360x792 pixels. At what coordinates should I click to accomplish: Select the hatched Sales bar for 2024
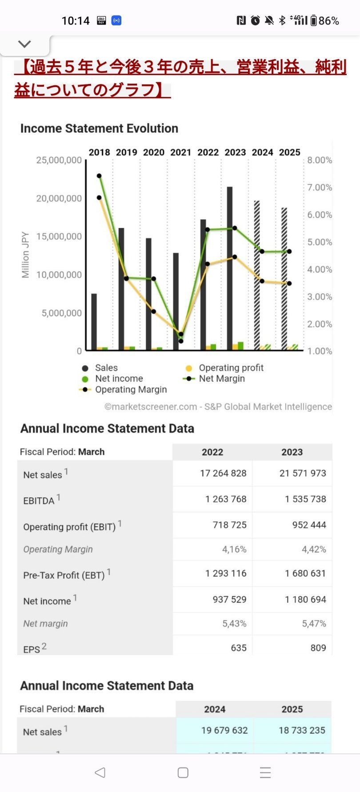pos(257,276)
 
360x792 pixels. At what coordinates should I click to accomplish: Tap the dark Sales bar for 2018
pos(94,322)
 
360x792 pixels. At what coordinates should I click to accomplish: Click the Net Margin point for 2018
pos(99,176)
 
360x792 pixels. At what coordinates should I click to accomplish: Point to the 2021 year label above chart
pos(181,152)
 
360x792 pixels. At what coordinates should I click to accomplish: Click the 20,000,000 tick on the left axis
pos(59,198)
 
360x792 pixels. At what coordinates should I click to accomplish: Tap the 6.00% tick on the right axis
pos(320,215)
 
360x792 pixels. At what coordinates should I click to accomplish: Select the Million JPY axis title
pos(25,255)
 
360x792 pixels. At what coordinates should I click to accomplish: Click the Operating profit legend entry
pos(231,368)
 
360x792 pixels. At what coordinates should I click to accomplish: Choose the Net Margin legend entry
pos(221,379)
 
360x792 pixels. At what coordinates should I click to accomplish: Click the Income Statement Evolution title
pos(99,128)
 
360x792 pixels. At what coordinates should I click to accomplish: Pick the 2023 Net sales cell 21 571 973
pos(303,473)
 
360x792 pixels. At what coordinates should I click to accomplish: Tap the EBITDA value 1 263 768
pos(226,499)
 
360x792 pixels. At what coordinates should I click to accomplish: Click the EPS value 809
pos(318,648)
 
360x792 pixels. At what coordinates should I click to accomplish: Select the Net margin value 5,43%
pos(234,624)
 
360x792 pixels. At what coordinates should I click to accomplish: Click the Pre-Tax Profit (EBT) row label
pos(64,575)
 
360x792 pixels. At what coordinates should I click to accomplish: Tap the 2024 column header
pos(215,709)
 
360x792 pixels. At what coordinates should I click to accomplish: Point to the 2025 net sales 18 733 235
pos(302,730)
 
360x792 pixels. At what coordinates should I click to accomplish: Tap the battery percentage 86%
pos(329,20)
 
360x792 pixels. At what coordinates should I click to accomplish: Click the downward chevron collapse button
pos(24,44)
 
